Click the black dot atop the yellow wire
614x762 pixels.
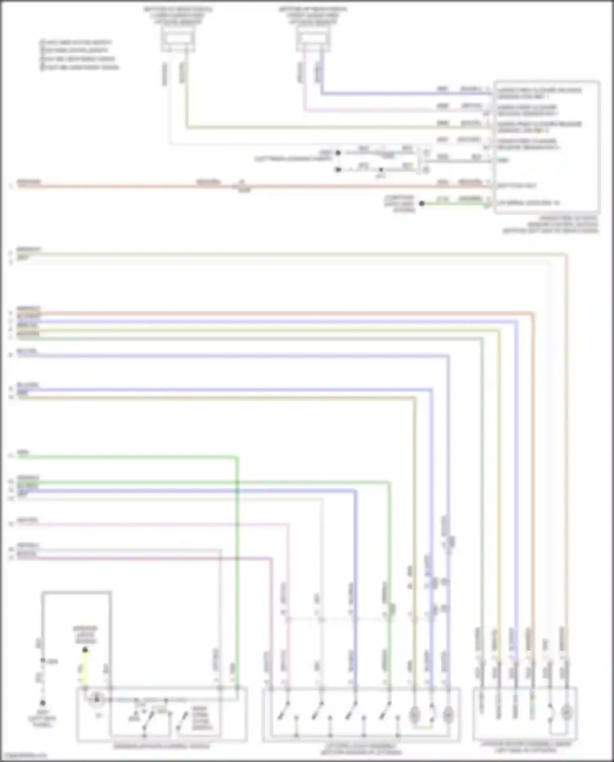[x=85, y=650]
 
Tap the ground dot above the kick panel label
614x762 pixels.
[x=43, y=703]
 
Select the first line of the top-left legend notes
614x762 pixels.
[x=76, y=43]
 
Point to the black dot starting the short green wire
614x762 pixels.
[x=422, y=204]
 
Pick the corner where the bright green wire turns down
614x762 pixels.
[x=237, y=457]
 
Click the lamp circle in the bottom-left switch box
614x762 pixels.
[x=97, y=699]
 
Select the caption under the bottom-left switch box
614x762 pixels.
[x=161, y=746]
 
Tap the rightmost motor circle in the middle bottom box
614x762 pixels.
[x=448, y=715]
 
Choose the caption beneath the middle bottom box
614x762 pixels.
[x=361, y=749]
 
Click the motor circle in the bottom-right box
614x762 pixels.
[x=567, y=713]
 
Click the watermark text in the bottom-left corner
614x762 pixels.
[x=24, y=755]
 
